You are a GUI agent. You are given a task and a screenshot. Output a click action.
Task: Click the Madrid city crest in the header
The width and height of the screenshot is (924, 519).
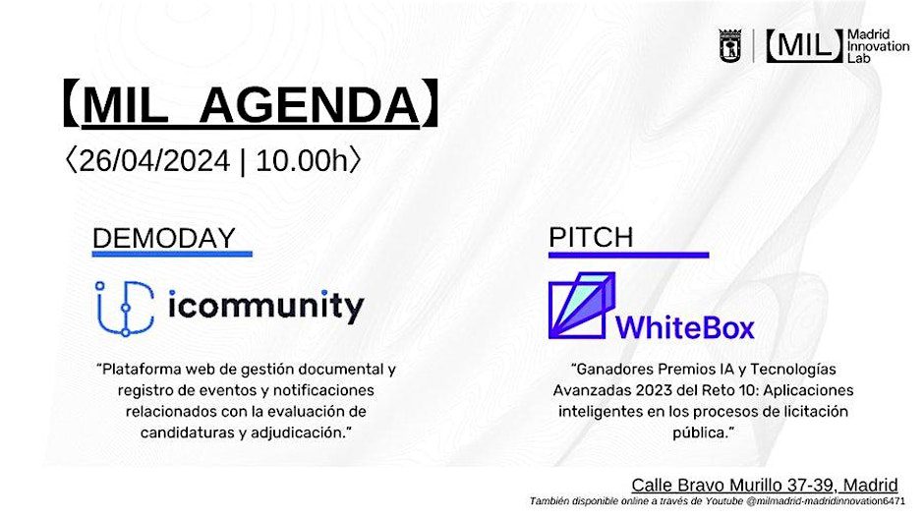pyautogui.click(x=730, y=45)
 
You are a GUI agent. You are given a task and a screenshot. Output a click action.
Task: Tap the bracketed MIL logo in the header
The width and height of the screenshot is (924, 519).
pyautogui.click(x=804, y=45)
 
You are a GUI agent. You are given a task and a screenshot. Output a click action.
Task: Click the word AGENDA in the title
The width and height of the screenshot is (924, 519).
pyautogui.click(x=309, y=105)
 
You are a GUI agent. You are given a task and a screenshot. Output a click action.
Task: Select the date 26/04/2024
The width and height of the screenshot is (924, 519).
pyautogui.click(x=154, y=161)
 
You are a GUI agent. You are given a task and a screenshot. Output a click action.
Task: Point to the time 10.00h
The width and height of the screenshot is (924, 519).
pyautogui.click(x=303, y=161)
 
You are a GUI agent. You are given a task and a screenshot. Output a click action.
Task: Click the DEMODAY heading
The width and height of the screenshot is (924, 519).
pyautogui.click(x=164, y=239)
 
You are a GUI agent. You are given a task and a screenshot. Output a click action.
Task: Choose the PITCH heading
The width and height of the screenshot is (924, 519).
pyautogui.click(x=591, y=238)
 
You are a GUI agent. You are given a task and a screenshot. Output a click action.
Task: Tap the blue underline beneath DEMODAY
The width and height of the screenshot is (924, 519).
pyautogui.click(x=172, y=254)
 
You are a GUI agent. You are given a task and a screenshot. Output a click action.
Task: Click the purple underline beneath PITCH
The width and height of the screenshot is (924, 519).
pyautogui.click(x=629, y=256)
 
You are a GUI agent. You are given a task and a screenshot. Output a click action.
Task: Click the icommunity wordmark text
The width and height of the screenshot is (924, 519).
pyautogui.click(x=266, y=307)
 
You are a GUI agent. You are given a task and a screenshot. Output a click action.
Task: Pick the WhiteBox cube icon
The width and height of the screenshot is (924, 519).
pyautogui.click(x=582, y=305)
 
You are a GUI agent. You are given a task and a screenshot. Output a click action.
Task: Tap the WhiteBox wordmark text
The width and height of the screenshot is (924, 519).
pyautogui.click(x=685, y=327)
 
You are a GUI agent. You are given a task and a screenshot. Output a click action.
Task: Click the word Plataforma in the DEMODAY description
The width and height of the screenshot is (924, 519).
pyautogui.click(x=142, y=370)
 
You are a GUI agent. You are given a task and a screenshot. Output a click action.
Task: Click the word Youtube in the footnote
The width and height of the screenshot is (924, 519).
pyautogui.click(x=723, y=501)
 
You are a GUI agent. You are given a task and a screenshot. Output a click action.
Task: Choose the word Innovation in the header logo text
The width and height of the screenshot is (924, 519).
pyautogui.click(x=878, y=46)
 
